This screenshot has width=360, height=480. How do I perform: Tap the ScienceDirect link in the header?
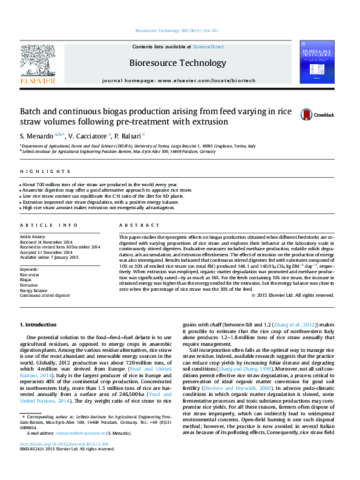[x=208, y=47]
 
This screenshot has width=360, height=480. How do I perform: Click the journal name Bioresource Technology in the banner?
[x=177, y=62]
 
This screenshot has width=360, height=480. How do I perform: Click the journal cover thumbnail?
[x=316, y=62]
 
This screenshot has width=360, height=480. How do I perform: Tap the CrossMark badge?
[x=317, y=114]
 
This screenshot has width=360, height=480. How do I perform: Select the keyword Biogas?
[x=26, y=280]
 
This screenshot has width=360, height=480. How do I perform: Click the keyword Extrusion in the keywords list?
[x=28, y=285]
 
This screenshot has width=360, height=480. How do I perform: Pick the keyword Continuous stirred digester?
[x=45, y=296]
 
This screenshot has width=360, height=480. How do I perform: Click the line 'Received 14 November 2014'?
[x=45, y=242]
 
